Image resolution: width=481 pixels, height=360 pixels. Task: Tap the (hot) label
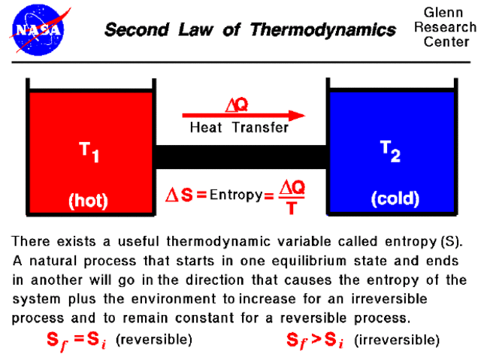pyautogui.click(x=89, y=201)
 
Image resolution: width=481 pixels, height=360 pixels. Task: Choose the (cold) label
pyautogui.click(x=395, y=200)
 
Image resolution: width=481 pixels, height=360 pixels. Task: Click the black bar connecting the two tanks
pyautogui.click(x=241, y=157)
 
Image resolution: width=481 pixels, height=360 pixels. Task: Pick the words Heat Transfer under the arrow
pyautogui.click(x=238, y=128)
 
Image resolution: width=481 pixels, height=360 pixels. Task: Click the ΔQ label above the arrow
pyautogui.click(x=238, y=103)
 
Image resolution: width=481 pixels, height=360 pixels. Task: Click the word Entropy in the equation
pyautogui.click(x=234, y=195)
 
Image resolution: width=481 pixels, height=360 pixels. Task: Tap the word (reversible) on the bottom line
pyautogui.click(x=154, y=340)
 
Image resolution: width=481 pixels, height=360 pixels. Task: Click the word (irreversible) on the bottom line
pyautogui.click(x=396, y=340)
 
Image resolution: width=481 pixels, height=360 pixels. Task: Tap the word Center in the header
pyautogui.click(x=446, y=42)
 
